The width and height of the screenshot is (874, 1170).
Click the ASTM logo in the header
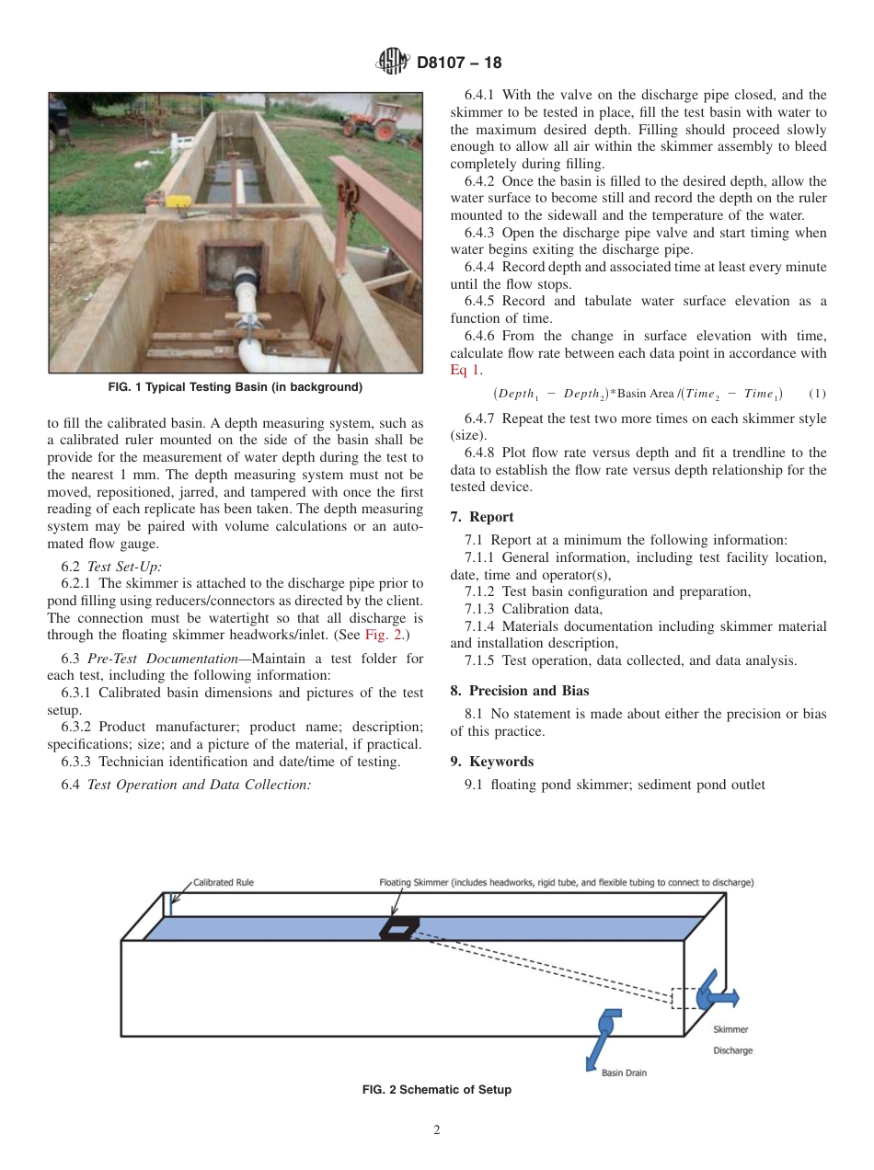(393, 63)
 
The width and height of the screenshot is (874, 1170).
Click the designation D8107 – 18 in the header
(459, 63)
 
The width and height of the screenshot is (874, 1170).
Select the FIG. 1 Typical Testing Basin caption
(235, 387)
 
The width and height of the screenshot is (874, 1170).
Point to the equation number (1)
(816, 394)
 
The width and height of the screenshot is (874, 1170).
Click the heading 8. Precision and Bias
(520, 691)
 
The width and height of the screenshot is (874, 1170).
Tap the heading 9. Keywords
(492, 762)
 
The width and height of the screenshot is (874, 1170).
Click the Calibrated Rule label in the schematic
(223, 882)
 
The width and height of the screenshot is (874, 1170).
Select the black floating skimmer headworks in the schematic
(398, 928)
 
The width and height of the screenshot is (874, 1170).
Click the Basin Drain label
(625, 1072)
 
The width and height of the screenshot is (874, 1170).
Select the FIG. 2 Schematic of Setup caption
(437, 1090)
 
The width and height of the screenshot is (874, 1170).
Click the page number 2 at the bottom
(437, 1130)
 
